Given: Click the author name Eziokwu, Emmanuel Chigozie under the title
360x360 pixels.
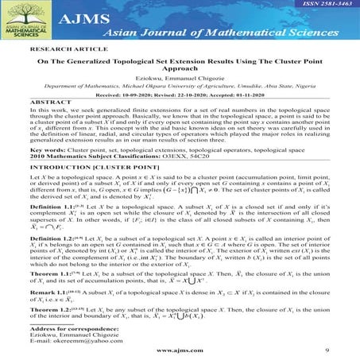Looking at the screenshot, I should (180, 93).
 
